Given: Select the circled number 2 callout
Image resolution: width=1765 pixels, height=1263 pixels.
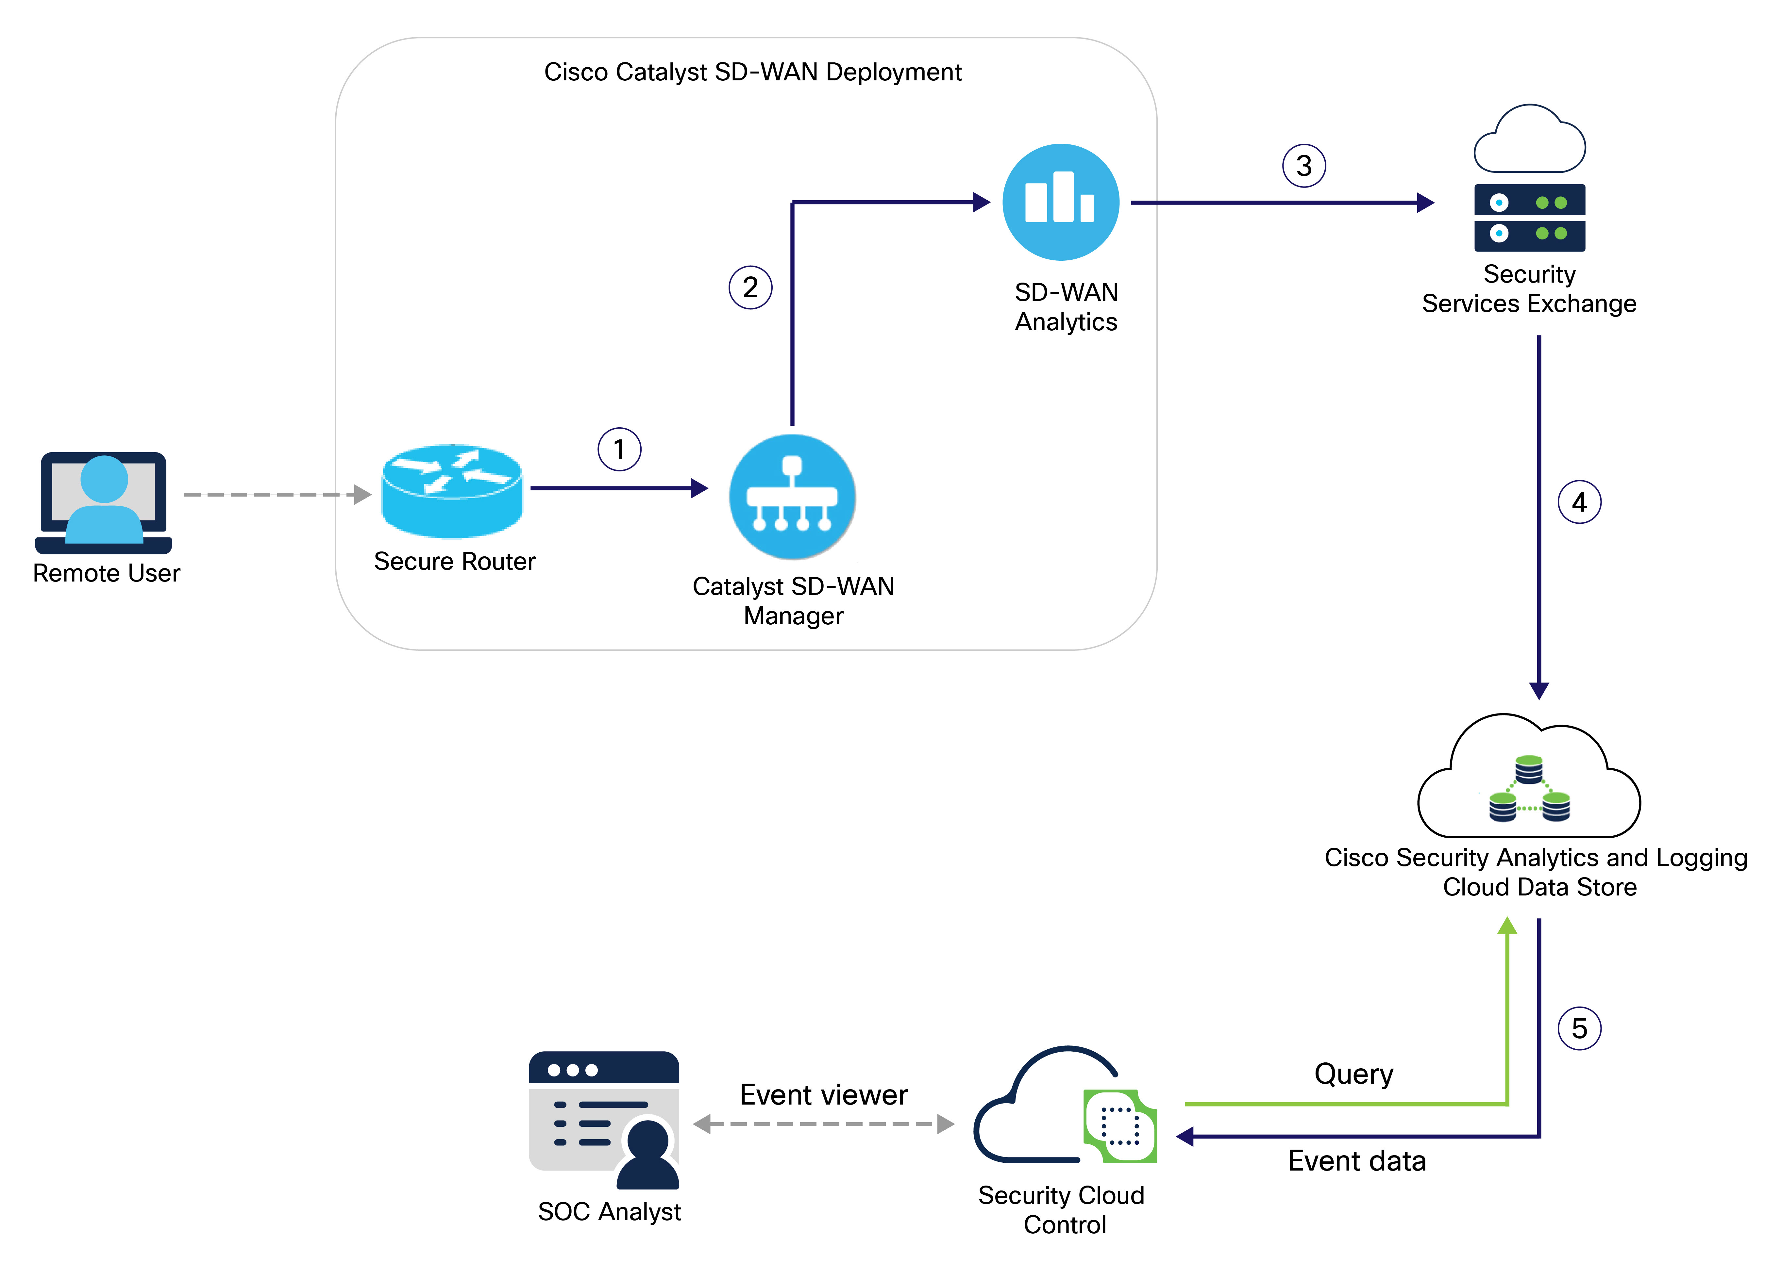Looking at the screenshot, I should point(750,288).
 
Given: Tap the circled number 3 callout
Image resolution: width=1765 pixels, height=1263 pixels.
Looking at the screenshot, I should point(1304,166).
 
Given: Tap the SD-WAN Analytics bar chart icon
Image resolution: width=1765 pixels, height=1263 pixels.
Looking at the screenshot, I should point(1060,202).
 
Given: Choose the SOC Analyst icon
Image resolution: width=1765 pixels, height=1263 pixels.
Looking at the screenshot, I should point(604,1120).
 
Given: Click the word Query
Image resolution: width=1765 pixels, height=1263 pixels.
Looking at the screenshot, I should point(1353,1074).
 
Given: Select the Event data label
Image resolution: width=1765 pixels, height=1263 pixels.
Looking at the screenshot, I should point(1357,1161).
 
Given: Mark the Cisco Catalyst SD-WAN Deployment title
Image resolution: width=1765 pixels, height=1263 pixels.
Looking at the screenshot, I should point(752,72).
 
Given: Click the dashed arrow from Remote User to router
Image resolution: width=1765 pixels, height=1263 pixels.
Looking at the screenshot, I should point(276,495).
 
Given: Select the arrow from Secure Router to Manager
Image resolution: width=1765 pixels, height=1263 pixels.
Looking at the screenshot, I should point(618,488).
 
